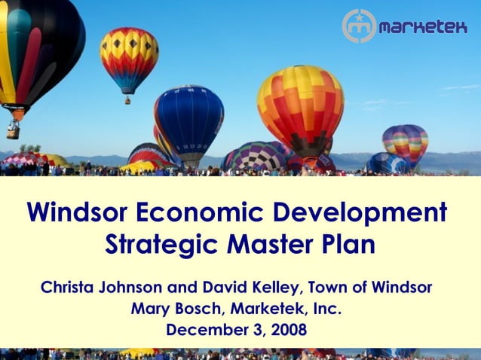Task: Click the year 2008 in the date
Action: point(288,330)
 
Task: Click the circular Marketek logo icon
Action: point(359,26)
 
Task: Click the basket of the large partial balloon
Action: point(13,131)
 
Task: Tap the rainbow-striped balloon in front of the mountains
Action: point(406,143)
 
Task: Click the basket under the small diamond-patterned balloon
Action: point(128,99)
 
